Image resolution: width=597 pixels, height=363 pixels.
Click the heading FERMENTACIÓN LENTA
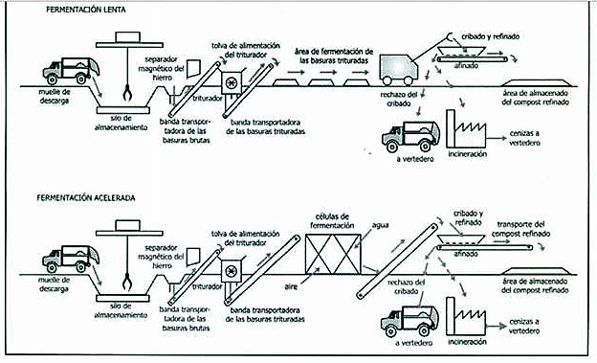pos(86,10)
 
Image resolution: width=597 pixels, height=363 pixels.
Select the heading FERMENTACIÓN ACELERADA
pos(86,197)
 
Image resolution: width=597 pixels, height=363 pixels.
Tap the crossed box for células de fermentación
pos(333,254)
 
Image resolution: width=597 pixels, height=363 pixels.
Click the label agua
pos(380,225)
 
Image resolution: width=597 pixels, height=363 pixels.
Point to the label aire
pos(291,286)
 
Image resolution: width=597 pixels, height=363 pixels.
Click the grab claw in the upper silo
pos(127,94)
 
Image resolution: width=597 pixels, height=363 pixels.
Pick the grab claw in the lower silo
pos(127,283)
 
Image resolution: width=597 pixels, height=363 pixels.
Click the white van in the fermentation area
pos(399,69)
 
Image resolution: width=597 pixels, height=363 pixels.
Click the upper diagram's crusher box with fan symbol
pos(232,82)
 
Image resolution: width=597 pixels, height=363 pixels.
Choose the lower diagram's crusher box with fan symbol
pos(232,271)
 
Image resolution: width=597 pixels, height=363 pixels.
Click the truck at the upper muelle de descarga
pos(71,71)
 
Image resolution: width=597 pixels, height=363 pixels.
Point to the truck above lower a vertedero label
pos(410,321)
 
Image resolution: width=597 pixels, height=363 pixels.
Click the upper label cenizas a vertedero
pos(524,138)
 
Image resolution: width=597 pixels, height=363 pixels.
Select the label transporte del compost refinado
pos(520,229)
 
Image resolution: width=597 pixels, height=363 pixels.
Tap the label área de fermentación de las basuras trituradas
pos(334,56)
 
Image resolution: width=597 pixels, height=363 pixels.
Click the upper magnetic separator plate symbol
pos(194,68)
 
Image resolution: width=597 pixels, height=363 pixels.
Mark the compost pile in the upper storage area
pos(536,82)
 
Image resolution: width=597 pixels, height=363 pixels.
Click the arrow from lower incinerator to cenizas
pos(496,327)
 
